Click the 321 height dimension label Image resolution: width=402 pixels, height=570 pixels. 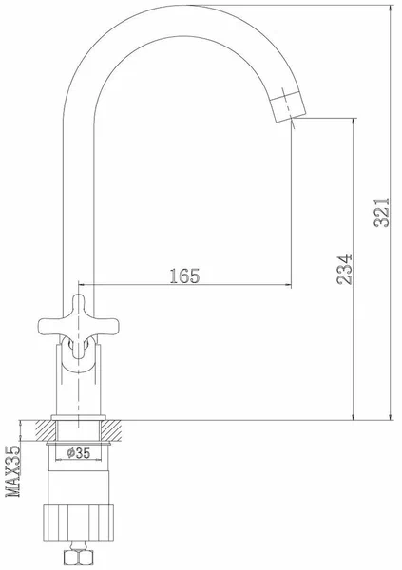point(382,213)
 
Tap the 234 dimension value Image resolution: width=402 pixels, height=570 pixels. point(345,269)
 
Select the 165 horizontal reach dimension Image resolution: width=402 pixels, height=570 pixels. point(184,276)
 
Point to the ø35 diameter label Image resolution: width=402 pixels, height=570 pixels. point(79,453)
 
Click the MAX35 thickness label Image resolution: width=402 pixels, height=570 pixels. point(13,471)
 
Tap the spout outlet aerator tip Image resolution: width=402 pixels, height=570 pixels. point(288,106)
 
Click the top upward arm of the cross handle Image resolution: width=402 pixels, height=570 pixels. point(78,305)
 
